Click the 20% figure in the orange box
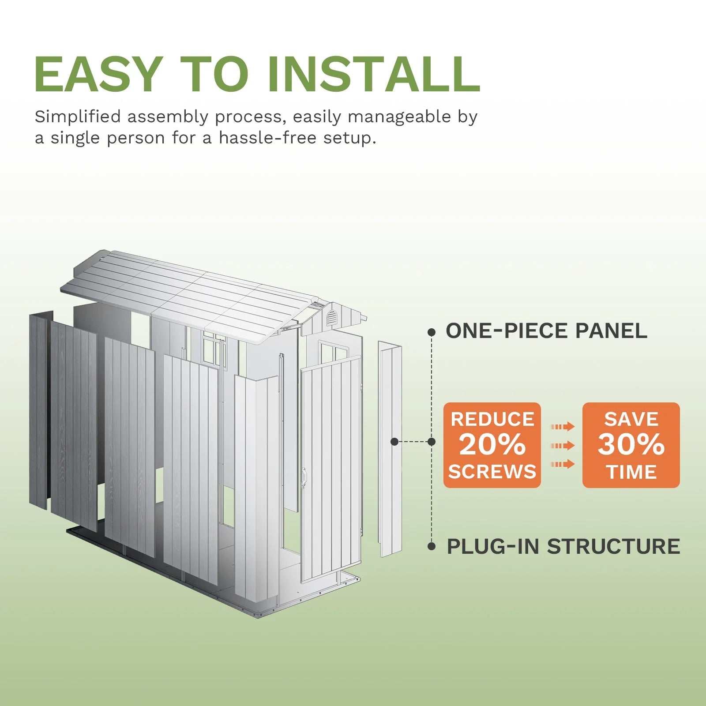click(492, 445)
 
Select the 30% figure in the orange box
click(631, 445)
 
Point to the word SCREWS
click(492, 472)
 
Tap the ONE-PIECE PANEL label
click(546, 331)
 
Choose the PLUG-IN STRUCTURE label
click(563, 546)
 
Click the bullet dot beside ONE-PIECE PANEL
click(432, 332)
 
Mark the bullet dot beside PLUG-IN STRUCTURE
click(432, 547)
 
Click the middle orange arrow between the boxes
click(563, 446)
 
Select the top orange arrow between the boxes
click(563, 427)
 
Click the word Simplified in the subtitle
click(78, 117)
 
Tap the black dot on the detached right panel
click(394, 442)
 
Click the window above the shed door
click(334, 352)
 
